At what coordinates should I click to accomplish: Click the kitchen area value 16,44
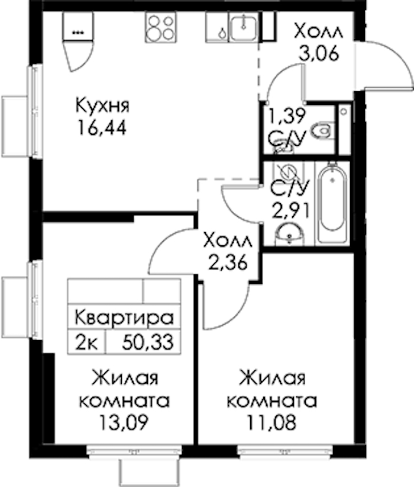coord(102,127)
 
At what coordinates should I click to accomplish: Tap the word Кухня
coord(102,105)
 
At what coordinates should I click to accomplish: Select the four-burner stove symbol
coord(161,27)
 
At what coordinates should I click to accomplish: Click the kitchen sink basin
coord(244,27)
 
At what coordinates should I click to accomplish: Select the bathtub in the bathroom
coord(332,203)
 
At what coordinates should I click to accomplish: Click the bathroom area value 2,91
coord(290,210)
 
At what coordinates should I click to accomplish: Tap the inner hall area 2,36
coord(228,263)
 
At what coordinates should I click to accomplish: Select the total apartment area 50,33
coord(148,342)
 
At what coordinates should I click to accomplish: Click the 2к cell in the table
coord(87,342)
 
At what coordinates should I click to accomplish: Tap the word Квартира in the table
coord(124,318)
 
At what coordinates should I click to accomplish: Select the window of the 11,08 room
coord(284,451)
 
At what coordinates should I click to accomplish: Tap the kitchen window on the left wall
coord(35,111)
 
